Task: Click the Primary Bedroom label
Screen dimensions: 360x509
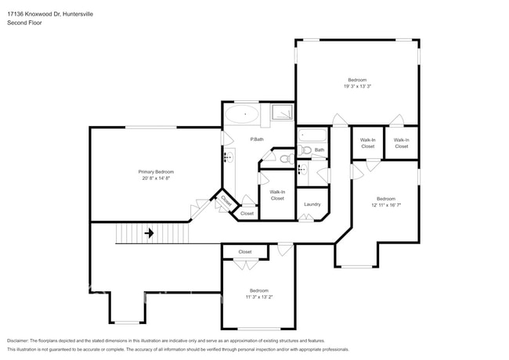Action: [x=156, y=171]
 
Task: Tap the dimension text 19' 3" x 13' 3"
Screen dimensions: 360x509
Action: [x=356, y=87]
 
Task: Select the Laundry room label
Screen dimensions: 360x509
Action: [x=312, y=204]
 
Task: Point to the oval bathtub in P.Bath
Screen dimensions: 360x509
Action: [x=246, y=114]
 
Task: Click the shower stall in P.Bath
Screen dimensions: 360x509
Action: [x=282, y=114]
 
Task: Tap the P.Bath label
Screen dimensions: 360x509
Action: [x=256, y=139]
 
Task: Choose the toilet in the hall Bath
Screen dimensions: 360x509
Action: [x=305, y=150]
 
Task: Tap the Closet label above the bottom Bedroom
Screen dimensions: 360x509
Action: [x=245, y=252]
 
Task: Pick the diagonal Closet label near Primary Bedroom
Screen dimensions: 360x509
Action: [x=226, y=201]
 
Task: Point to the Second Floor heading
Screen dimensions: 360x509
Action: [x=24, y=23]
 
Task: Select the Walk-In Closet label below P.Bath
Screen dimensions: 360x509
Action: [x=277, y=195]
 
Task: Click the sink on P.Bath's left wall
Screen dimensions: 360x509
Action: [x=228, y=157]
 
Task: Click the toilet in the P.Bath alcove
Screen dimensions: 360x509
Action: [x=285, y=160]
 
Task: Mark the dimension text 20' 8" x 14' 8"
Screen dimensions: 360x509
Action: [x=156, y=178]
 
